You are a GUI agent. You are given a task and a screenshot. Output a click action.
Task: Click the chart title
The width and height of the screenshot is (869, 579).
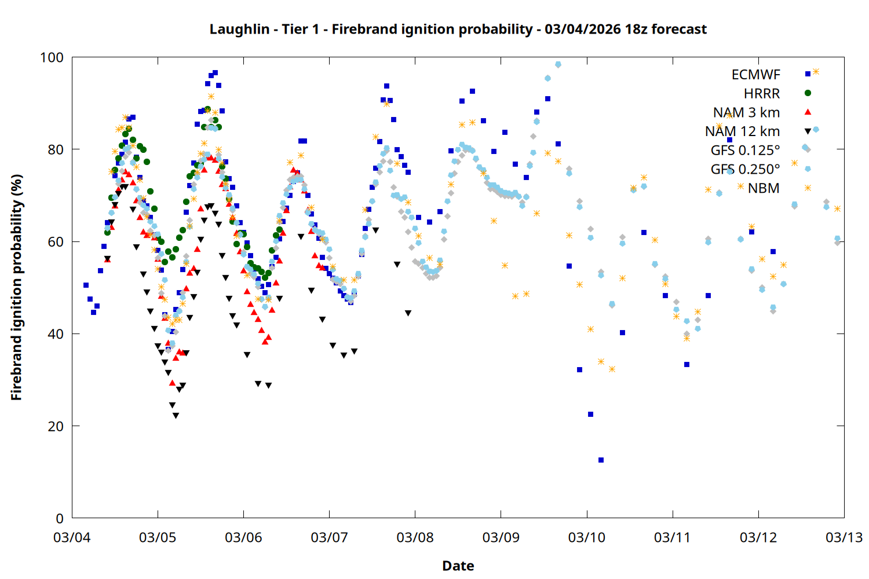tap(458, 29)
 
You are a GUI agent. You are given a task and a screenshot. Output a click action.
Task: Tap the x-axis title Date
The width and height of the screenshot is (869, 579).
tap(458, 566)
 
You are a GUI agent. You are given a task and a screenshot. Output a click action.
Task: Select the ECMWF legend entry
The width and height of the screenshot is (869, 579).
tap(755, 75)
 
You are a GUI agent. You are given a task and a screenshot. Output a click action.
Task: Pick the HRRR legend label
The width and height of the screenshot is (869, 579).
tap(761, 94)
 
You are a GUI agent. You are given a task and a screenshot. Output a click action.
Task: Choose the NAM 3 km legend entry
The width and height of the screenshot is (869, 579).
tap(746, 112)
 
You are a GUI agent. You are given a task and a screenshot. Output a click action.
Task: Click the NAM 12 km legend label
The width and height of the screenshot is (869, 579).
tap(742, 131)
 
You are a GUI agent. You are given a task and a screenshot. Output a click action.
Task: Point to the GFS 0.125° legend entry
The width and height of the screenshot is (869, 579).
tap(745, 151)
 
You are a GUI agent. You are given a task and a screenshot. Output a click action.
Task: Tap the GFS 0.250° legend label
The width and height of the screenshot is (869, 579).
tap(745, 169)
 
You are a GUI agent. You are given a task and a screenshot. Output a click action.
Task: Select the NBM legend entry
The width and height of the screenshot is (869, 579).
tap(763, 188)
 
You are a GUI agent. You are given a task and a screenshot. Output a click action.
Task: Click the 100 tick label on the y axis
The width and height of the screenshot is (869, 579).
tap(52, 57)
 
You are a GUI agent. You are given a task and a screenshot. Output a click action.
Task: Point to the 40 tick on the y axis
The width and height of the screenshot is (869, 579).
tap(56, 334)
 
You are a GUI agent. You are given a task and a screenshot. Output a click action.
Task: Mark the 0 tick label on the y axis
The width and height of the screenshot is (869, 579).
tap(60, 518)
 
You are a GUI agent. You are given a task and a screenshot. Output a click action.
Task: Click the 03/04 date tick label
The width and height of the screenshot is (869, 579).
tap(72, 537)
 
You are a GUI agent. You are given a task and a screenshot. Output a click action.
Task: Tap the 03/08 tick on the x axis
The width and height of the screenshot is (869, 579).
tap(415, 537)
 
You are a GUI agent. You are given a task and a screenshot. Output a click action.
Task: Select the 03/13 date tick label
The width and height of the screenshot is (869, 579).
tap(844, 537)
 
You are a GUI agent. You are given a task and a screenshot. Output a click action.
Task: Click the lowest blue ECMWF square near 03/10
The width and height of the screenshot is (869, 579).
tap(601, 460)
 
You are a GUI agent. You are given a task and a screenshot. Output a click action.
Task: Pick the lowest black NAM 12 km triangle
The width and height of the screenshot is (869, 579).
tap(176, 416)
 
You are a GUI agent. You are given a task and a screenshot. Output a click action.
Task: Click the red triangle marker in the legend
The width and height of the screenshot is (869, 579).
tap(808, 112)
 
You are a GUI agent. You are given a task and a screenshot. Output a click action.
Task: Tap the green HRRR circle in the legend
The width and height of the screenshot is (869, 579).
tap(808, 93)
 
